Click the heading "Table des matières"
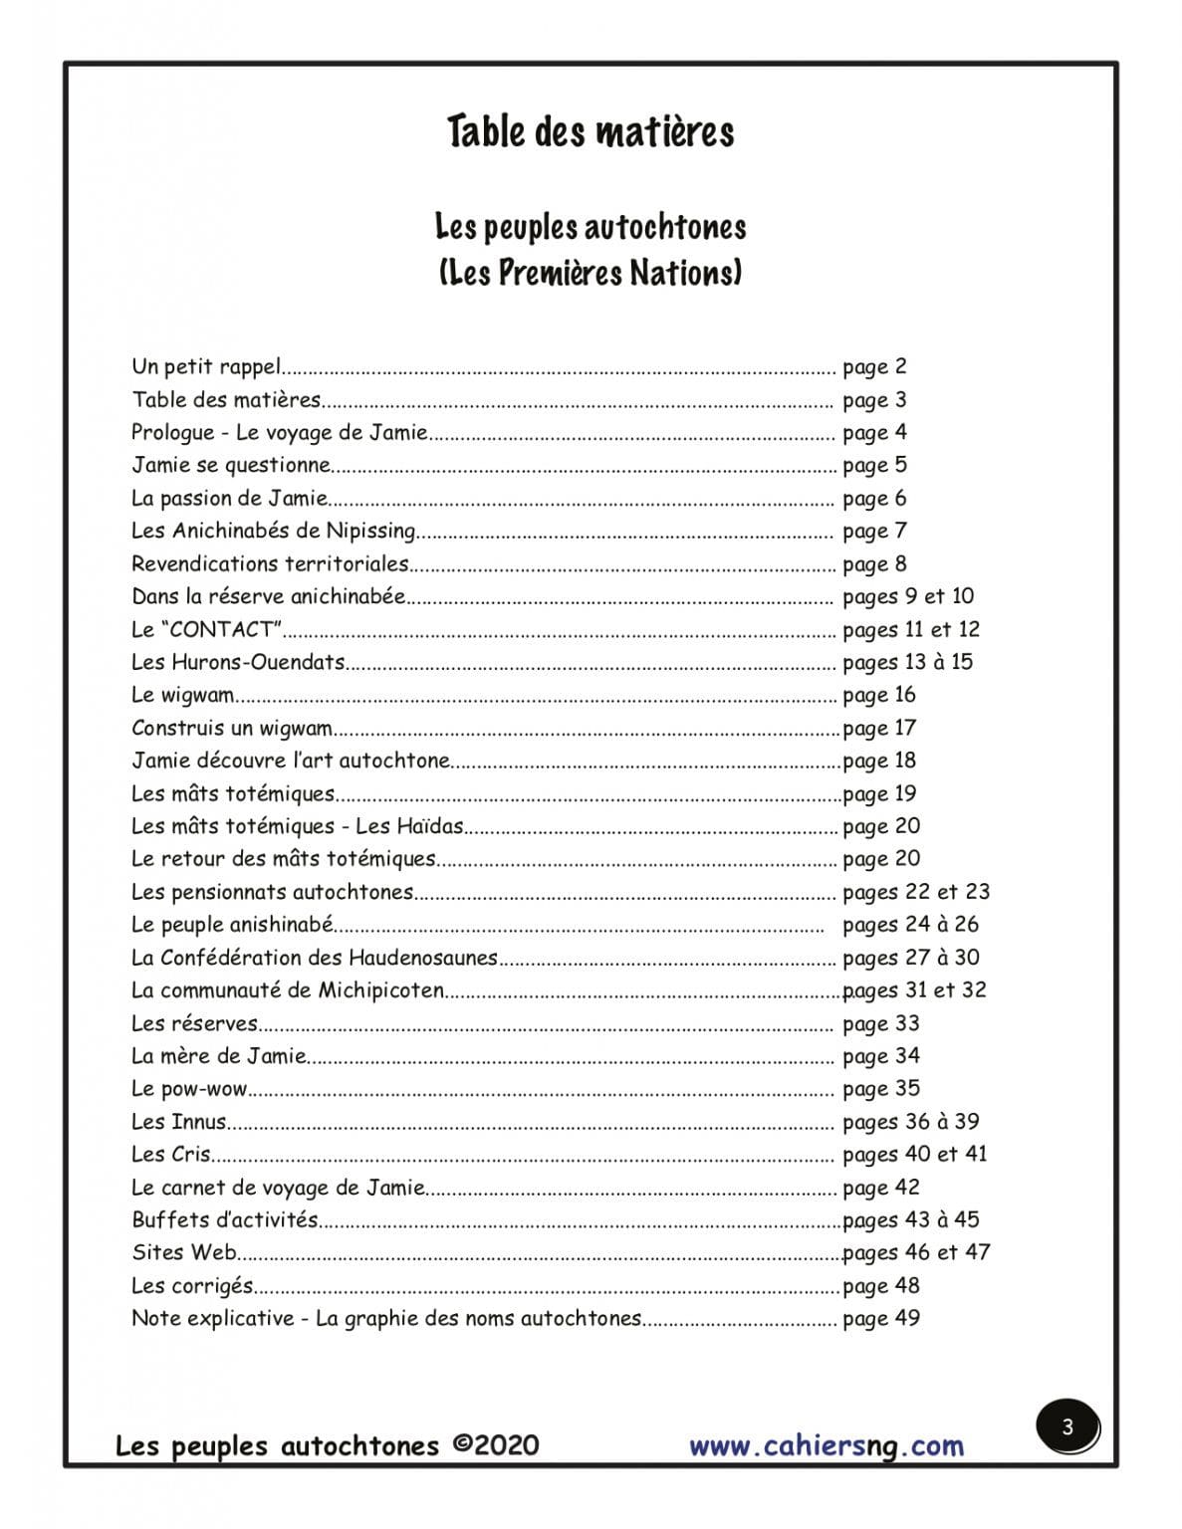pyautogui.click(x=590, y=132)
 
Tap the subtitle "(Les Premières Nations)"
pyautogui.click(x=590, y=272)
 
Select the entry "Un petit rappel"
pyautogui.click(x=207, y=366)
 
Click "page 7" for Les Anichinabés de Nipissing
pyautogui.click(x=874, y=531)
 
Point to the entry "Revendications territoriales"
pyautogui.click(x=270, y=563)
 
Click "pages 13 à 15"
pyautogui.click(x=907, y=662)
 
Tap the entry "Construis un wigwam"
pyautogui.click(x=232, y=728)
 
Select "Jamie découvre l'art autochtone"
pyautogui.click(x=291, y=761)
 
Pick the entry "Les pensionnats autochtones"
pyautogui.click(x=272, y=892)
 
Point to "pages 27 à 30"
pyautogui.click(x=910, y=958)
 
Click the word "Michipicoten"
pyautogui.click(x=381, y=990)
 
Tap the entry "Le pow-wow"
pyautogui.click(x=189, y=1089)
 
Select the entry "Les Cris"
pyautogui.click(x=171, y=1155)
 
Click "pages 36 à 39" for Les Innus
pyautogui.click(x=910, y=1122)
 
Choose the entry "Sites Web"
pyautogui.click(x=184, y=1252)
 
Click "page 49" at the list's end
pyautogui.click(x=881, y=1318)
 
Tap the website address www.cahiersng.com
pyautogui.click(x=827, y=1445)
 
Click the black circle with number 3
pyautogui.click(x=1067, y=1427)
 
